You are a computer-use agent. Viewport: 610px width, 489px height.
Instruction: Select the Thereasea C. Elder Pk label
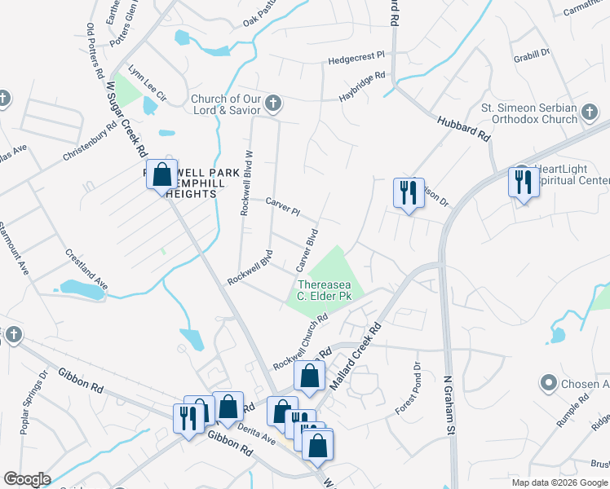pos(324,290)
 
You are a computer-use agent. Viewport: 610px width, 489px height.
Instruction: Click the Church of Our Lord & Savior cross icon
pos(273,104)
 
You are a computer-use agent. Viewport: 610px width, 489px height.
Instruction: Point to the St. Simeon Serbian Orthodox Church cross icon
pos(591,113)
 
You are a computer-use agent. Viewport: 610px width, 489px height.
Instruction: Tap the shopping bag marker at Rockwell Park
pos(162,174)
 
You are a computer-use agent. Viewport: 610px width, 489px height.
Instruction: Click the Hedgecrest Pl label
pos(356,59)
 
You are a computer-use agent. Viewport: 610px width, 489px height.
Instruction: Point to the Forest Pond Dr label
pos(408,385)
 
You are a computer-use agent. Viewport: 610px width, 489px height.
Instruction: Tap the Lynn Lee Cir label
pos(147,83)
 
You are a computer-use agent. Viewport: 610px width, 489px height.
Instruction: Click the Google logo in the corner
pos(26,478)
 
